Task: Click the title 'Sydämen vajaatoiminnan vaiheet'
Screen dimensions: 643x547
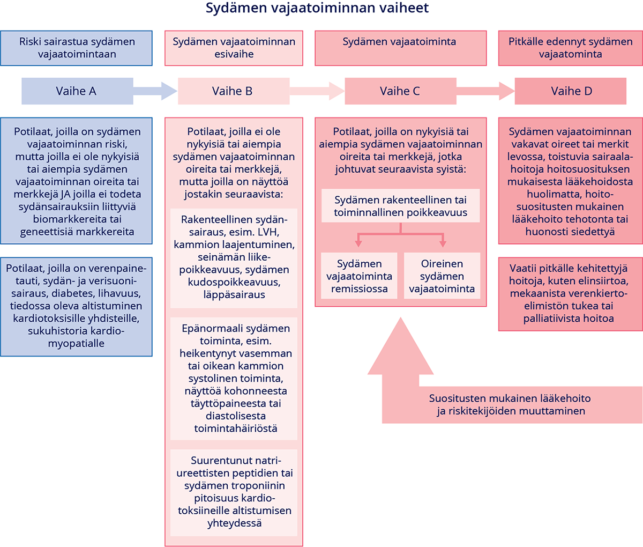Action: coord(317,8)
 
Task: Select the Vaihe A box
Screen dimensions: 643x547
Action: coord(78,91)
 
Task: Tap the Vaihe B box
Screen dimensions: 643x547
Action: coord(234,91)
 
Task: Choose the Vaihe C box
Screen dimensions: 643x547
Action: coord(400,91)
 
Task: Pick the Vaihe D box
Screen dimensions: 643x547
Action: coord(571,91)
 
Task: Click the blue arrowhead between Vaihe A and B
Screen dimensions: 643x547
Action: coord(169,91)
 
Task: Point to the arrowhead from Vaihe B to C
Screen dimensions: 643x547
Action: coord(337,91)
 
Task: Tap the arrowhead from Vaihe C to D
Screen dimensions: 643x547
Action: coord(507,91)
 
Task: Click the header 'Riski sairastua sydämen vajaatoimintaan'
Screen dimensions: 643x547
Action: coord(76,48)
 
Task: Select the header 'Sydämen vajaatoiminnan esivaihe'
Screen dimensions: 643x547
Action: coord(234,48)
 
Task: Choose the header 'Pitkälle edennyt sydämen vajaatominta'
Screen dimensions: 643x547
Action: coord(571,48)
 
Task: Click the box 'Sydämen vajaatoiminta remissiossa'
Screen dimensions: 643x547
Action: coord(359,276)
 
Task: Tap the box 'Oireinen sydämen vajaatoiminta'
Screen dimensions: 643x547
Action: coord(442,276)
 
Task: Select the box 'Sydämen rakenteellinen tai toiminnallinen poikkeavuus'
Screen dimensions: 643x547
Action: coord(400,206)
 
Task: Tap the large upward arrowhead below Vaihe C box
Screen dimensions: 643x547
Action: coord(401,346)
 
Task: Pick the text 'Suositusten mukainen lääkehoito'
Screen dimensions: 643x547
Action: coord(510,398)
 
